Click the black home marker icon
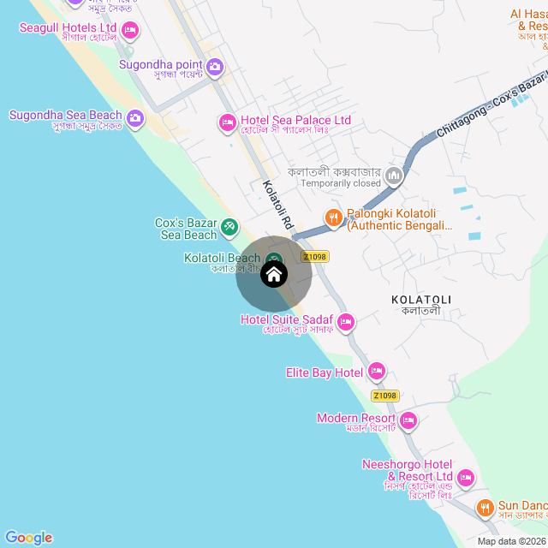pyautogui.click(x=273, y=274)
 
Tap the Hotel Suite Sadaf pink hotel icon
pyautogui.click(x=346, y=322)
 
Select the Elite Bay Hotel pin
pyautogui.click(x=376, y=372)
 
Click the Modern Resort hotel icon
pyautogui.click(x=408, y=420)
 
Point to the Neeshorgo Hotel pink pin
pyautogui.click(x=466, y=477)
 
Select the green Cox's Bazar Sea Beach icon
pyautogui.click(x=229, y=227)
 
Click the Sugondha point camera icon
pyautogui.click(x=215, y=66)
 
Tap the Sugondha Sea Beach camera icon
pyautogui.click(x=134, y=117)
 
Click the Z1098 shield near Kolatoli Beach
pyautogui.click(x=315, y=256)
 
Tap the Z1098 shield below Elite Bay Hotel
pyautogui.click(x=385, y=396)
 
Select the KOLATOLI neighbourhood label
pyautogui.click(x=420, y=299)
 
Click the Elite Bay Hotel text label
pyautogui.click(x=325, y=372)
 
